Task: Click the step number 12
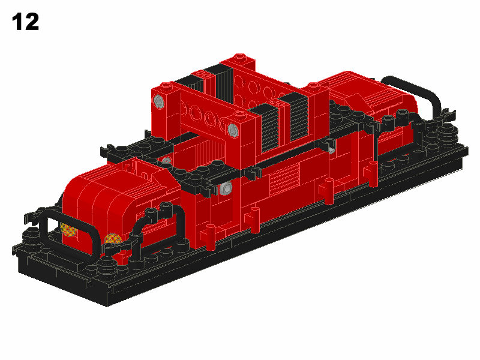click(x=25, y=22)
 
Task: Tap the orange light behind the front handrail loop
click(x=67, y=229)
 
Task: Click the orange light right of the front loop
click(x=113, y=239)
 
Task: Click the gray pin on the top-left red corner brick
click(x=158, y=101)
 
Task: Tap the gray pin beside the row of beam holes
click(x=233, y=130)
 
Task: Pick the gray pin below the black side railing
click(x=226, y=187)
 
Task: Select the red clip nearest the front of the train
click(x=208, y=236)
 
